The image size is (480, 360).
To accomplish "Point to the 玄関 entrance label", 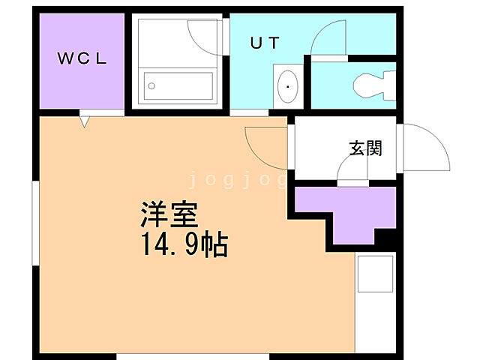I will [x=365, y=148].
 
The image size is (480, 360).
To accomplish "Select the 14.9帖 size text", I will [x=182, y=245].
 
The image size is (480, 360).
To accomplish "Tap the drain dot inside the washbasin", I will [x=287, y=88].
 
